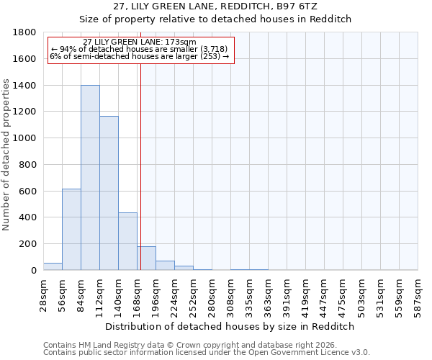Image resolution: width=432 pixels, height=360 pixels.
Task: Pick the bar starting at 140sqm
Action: click(127, 241)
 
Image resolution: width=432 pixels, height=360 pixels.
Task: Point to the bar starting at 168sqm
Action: click(147, 258)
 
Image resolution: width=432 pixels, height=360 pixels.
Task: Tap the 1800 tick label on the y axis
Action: click(24, 32)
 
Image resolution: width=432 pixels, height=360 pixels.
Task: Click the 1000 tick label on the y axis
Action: click(24, 138)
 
